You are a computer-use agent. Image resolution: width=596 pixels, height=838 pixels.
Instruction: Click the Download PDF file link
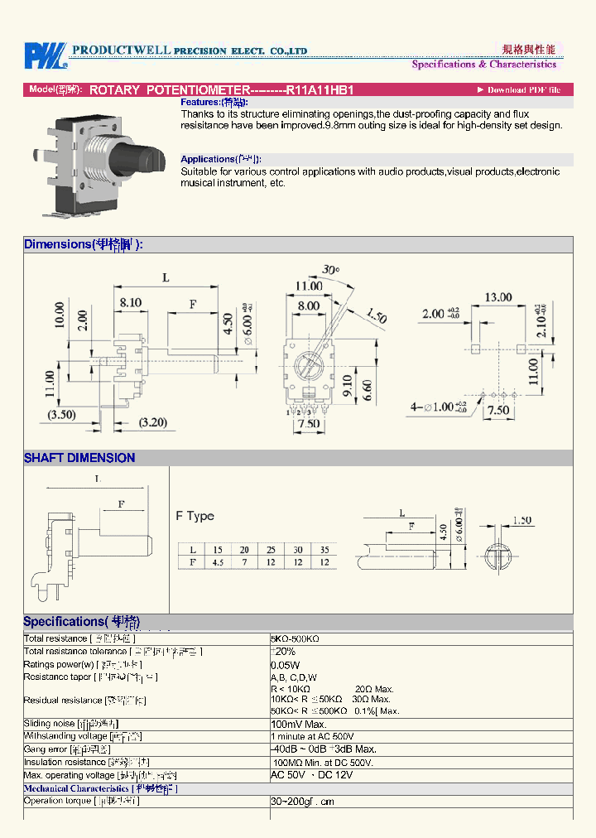click(519, 89)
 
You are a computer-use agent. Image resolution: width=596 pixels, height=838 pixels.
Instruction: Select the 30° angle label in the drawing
click(331, 270)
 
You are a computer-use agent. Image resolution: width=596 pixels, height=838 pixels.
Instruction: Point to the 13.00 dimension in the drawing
click(497, 296)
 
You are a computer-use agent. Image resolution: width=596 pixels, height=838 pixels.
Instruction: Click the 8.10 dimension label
click(130, 303)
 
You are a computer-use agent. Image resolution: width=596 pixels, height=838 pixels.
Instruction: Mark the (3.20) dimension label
click(154, 422)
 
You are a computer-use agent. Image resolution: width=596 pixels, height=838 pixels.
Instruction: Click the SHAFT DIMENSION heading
click(79, 458)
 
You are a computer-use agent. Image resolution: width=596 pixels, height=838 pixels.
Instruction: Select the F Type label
click(195, 516)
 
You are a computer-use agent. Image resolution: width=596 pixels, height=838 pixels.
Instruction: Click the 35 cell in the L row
click(324, 550)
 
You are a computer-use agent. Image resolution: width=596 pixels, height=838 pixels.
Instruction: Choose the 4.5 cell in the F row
click(219, 562)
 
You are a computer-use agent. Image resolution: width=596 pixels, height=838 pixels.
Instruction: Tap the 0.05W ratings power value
click(285, 665)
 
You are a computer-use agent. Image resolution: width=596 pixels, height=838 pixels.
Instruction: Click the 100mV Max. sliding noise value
click(299, 724)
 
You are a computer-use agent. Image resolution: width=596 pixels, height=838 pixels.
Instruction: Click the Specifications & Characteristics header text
click(484, 64)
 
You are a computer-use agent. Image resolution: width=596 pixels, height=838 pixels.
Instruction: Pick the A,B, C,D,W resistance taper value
click(294, 677)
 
